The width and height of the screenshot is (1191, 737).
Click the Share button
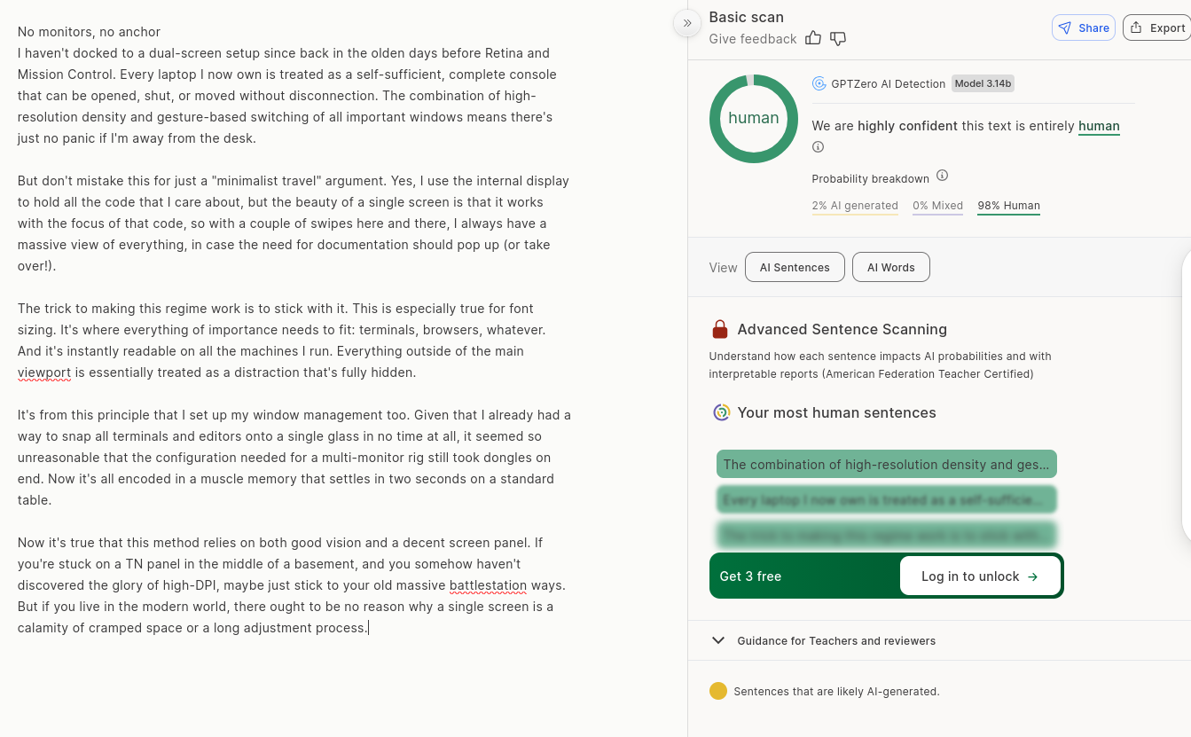point(1083,27)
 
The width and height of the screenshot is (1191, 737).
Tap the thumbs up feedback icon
point(813,38)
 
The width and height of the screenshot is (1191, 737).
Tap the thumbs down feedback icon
point(838,38)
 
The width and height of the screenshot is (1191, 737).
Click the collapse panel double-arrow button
point(687,23)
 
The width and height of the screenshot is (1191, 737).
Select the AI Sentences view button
point(795,267)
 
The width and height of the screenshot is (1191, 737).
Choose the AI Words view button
point(890,267)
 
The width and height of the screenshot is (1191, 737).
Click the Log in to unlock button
point(979,576)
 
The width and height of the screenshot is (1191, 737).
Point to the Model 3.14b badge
point(983,83)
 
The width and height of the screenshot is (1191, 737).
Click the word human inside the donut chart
point(754,118)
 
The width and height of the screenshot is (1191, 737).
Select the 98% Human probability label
point(1008,206)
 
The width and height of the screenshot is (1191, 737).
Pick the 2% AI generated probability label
point(855,206)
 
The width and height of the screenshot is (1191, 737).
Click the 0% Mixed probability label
point(937,206)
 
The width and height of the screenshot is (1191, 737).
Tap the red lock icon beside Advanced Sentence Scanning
point(720,330)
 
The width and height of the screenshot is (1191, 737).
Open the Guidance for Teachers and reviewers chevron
point(718,640)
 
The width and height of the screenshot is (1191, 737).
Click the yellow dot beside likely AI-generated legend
point(718,692)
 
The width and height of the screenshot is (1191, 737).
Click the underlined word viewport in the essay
point(44,372)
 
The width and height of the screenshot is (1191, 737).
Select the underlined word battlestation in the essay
point(488,585)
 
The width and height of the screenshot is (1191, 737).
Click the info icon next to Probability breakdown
point(943,176)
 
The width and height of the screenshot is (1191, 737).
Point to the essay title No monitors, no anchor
point(89,32)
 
